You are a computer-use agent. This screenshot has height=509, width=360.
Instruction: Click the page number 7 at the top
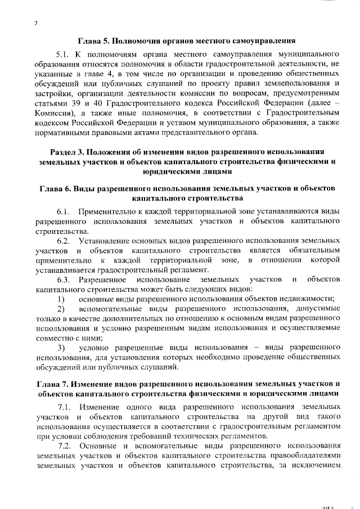[35, 23]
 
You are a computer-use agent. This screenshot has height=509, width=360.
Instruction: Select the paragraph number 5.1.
[64, 56]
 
